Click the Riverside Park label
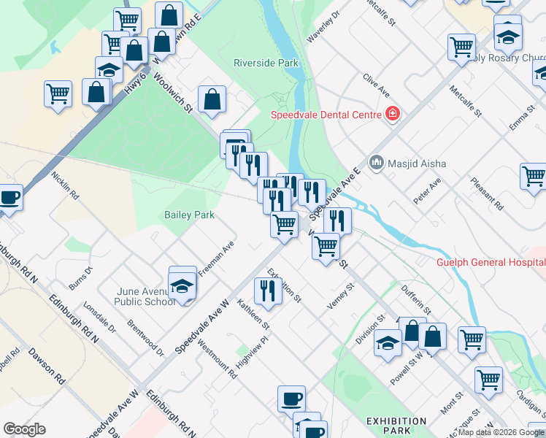point(266,64)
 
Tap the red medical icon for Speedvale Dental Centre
point(393,115)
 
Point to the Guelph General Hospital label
point(490,263)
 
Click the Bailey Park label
point(189,215)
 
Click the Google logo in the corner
point(24,429)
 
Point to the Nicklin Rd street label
point(65,185)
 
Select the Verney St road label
point(340,296)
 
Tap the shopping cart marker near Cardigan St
point(488,379)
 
